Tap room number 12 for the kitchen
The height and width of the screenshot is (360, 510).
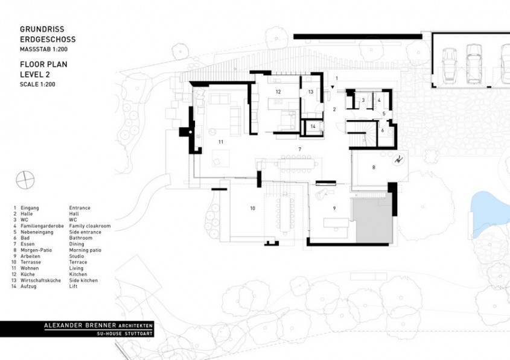pos(278,92)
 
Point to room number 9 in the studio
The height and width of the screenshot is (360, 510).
pos(334,207)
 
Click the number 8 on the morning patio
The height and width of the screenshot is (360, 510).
pos(374,167)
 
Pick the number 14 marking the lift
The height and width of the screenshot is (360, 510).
pos(313,127)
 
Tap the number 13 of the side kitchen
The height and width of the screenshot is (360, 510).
pos(310,92)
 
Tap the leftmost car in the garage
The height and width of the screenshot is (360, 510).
pos(448,65)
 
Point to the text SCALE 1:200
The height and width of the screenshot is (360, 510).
pos(37,84)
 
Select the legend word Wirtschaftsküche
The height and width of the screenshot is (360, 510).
pos(40,280)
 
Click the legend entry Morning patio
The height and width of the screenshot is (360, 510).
pos(85,250)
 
